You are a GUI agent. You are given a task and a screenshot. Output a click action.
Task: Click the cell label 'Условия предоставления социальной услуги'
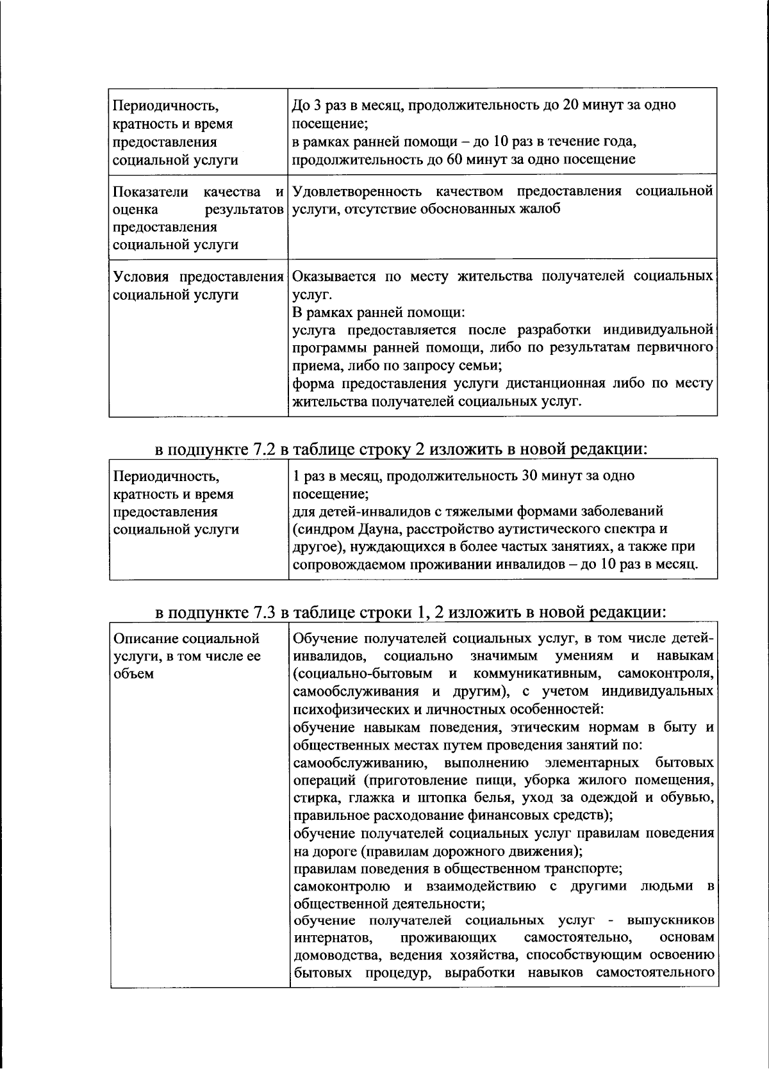pos(198,286)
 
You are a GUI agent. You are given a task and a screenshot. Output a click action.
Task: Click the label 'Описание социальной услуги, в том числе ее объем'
pos(186,656)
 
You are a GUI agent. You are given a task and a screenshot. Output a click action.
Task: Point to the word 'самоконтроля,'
pos(666,674)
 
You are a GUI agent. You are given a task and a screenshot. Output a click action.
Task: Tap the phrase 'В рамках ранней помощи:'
pos(378,313)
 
